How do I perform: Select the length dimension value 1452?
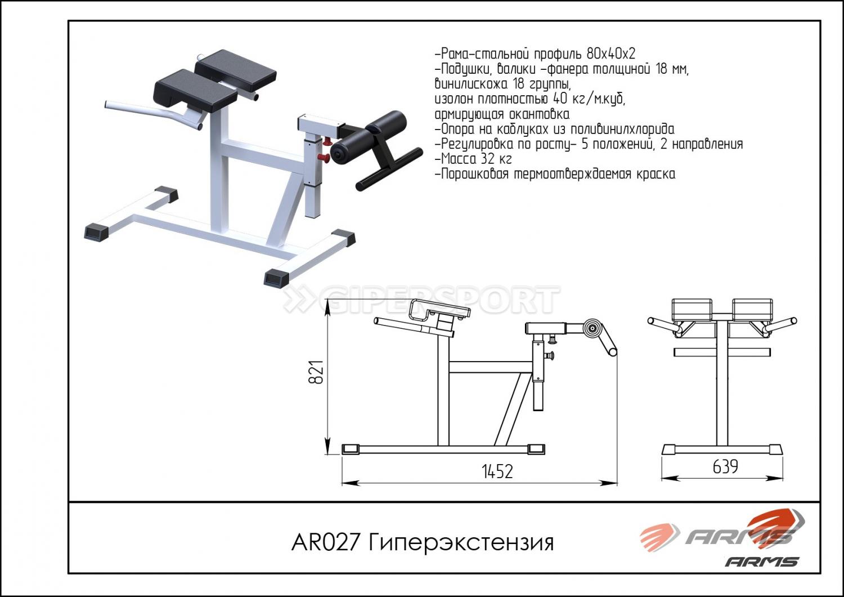497,471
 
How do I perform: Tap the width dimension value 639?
725,467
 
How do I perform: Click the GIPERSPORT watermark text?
421,301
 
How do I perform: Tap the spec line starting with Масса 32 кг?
474,159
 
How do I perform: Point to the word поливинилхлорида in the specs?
623,130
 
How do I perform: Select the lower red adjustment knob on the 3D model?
324,158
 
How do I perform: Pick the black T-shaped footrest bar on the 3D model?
388,168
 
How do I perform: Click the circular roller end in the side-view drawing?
592,328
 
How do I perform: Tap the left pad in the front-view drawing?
692,309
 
